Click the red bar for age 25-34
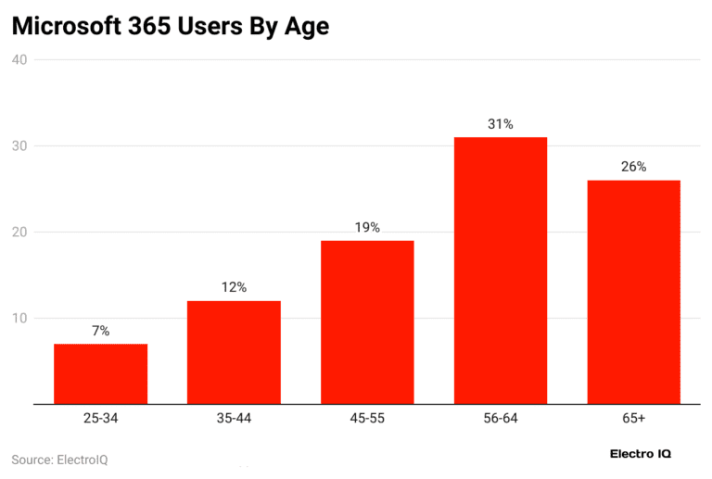[100, 373]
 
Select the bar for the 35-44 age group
[234, 352]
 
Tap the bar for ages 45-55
[367, 321]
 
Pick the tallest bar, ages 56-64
[501, 270]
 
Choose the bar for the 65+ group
[634, 292]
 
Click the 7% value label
[100, 331]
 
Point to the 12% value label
[234, 287]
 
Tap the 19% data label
[367, 227]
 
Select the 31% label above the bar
[501, 123]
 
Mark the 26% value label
[634, 167]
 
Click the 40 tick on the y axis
[19, 60]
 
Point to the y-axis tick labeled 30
[19, 146]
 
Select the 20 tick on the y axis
[19, 233]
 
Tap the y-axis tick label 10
[19, 319]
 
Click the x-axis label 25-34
[100, 419]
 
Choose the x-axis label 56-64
[501, 419]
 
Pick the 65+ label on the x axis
[634, 419]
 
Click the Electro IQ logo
[641, 454]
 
